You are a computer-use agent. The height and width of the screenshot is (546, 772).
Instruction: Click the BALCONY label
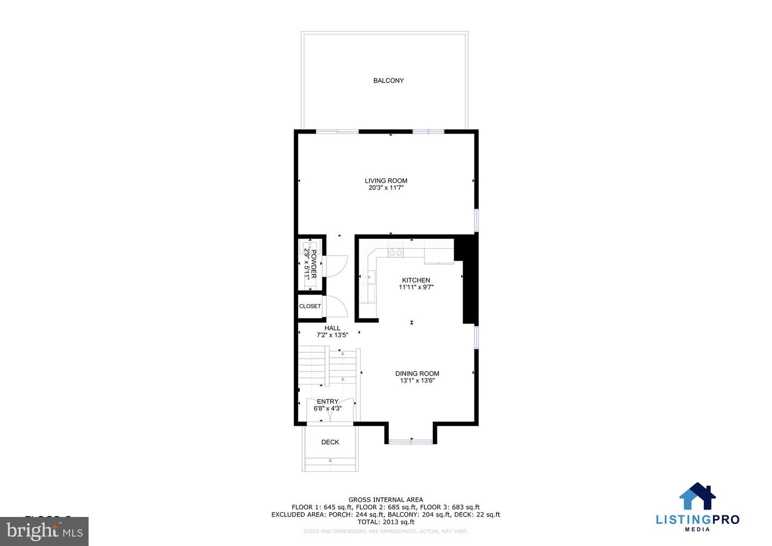388,80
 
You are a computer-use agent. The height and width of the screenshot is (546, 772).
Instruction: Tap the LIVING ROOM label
386,181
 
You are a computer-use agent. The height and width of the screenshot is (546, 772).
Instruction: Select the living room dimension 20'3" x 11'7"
386,188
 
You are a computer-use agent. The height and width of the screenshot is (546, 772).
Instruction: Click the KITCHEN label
416,280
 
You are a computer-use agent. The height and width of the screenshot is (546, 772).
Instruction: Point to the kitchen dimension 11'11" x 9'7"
416,287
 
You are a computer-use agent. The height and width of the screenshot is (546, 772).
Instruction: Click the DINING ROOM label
417,373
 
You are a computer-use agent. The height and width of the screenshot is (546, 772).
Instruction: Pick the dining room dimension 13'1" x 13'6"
417,381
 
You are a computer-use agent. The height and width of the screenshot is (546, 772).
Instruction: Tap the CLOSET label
310,306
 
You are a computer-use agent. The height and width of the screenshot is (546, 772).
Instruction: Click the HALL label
332,328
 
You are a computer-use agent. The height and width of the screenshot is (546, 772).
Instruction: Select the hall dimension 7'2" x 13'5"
332,335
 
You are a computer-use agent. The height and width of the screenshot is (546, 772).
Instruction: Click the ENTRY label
328,401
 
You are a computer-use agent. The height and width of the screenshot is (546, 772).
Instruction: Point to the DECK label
330,442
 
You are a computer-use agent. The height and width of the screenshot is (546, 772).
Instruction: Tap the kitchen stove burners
396,249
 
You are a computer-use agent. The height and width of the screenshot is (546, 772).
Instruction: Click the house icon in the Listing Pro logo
697,496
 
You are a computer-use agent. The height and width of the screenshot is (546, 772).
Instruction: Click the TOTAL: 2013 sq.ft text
386,522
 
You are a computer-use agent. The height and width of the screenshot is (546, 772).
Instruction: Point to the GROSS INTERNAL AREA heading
386,500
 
